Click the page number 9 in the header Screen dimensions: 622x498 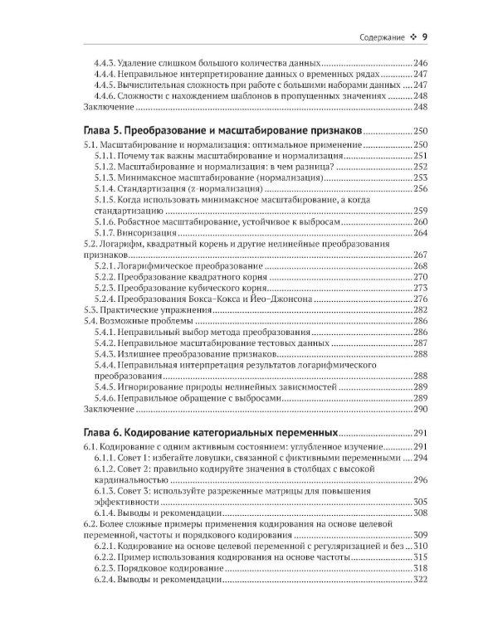[424, 36]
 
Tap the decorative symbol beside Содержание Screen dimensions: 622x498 [413, 37]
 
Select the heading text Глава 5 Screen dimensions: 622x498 [105, 131]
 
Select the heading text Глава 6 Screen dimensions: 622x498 [105, 433]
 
